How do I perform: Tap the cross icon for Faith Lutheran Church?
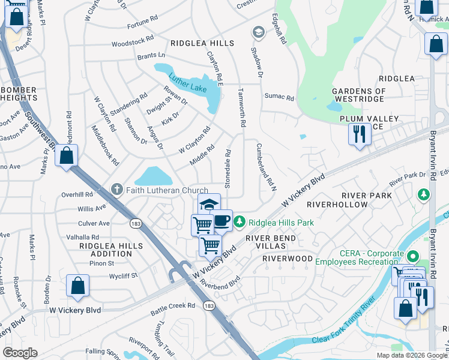point(118,190)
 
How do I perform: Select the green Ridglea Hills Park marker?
point(240,223)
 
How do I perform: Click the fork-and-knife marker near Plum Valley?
point(360,133)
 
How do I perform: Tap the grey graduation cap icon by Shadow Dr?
point(258,31)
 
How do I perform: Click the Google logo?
point(20,353)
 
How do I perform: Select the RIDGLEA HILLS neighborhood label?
point(202,43)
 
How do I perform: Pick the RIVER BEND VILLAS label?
point(270,242)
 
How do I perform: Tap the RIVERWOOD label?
point(288,259)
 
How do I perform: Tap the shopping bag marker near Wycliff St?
point(78,286)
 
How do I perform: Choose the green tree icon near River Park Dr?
point(424,195)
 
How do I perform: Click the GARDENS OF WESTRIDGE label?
point(358,95)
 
